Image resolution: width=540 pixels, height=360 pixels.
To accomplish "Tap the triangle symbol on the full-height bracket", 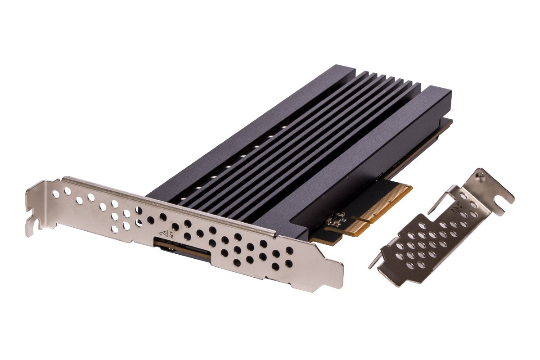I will coord(165,233).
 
